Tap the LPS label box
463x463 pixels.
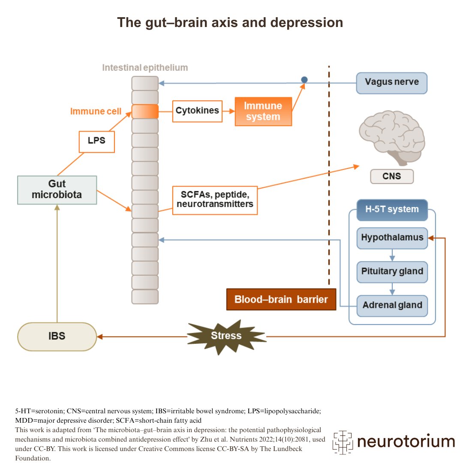click(x=96, y=141)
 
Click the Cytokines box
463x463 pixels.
click(x=197, y=111)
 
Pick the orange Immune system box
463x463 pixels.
click(x=263, y=111)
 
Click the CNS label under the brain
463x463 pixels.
click(x=391, y=176)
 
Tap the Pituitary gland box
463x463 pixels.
click(x=392, y=272)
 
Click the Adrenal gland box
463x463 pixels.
click(x=392, y=306)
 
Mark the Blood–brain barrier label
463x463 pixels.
click(x=281, y=299)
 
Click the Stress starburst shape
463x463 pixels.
click(x=226, y=336)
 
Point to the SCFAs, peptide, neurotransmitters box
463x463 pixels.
click(x=214, y=200)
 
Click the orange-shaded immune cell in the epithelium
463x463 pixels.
click(x=145, y=111)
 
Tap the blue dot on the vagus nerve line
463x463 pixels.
click(x=304, y=80)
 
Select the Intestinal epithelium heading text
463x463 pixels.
click(x=145, y=68)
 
